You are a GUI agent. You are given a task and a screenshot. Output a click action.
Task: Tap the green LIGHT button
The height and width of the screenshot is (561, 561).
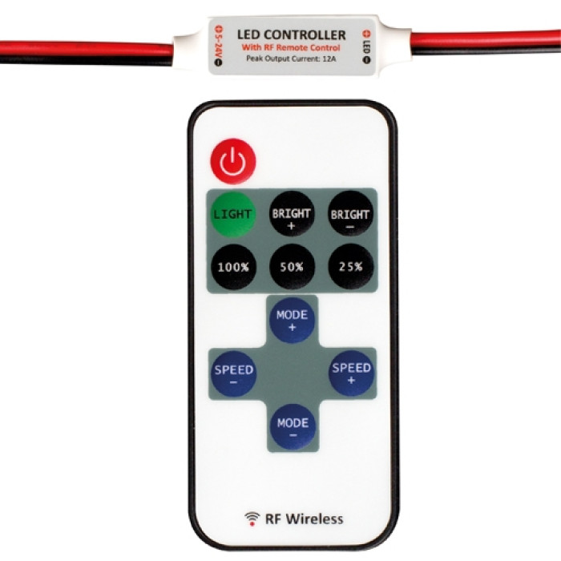point(233,214)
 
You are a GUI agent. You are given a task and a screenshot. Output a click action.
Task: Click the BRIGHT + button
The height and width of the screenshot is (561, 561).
point(292,214)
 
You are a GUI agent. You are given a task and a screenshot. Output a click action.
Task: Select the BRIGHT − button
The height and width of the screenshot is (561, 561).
point(351,214)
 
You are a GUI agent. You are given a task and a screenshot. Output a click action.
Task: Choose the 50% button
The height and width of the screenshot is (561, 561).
point(292,267)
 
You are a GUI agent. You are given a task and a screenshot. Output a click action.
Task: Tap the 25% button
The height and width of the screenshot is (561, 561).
point(351,267)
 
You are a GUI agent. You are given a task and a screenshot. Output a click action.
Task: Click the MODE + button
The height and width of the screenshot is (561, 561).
point(292,321)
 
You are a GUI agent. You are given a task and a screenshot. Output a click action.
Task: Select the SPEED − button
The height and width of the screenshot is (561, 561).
point(234,374)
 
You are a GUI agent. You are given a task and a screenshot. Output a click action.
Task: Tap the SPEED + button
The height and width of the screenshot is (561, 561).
point(351,373)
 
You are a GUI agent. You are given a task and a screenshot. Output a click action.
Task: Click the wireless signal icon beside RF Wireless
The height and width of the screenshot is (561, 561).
point(252,519)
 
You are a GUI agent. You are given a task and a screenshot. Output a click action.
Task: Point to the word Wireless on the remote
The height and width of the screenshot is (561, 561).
point(314,519)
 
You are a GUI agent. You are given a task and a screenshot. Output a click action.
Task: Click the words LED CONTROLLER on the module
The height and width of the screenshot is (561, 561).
point(292,34)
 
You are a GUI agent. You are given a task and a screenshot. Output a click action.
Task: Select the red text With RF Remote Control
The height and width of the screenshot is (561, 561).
point(291,47)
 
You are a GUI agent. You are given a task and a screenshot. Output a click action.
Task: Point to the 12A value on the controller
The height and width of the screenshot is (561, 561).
point(329,59)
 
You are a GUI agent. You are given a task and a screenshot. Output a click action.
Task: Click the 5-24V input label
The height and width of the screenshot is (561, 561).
point(218,42)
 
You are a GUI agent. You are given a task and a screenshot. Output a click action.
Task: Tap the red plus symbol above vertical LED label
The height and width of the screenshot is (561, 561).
point(366,34)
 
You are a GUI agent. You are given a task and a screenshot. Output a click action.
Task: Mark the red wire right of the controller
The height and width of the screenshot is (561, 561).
point(486,38)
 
